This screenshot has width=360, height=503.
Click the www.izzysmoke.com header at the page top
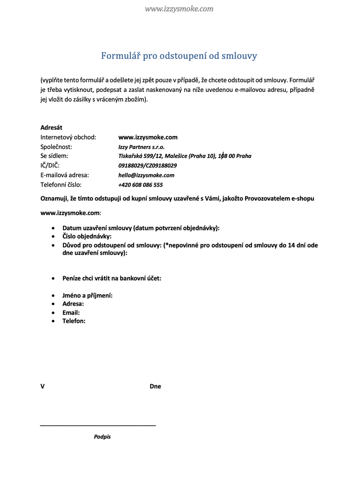tap(179, 9)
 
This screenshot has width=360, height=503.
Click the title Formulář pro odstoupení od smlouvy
tap(179, 56)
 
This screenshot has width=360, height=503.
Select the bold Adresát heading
tap(51, 127)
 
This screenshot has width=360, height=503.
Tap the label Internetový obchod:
tap(68, 137)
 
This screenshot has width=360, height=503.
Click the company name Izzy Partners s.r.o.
tap(141, 147)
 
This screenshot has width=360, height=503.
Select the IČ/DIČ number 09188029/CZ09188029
tap(147, 166)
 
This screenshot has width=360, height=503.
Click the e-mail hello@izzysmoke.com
tap(146, 175)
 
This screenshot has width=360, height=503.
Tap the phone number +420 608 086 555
tap(140, 185)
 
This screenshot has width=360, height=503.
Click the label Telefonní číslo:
tap(61, 185)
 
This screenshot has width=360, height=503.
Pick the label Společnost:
tap(56, 146)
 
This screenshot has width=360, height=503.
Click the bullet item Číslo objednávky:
tap(87, 236)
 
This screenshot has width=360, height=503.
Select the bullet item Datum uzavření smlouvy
tap(140, 228)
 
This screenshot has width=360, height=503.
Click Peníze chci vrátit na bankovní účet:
tap(111, 278)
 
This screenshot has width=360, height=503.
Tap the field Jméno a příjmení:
tap(87, 296)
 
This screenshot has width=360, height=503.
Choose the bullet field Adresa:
tap(73, 304)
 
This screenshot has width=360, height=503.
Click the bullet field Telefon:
tap(74, 321)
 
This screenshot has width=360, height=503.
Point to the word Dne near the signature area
tap(155, 387)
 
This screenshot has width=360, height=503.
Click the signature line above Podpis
tap(98, 425)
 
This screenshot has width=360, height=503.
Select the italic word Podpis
tap(102, 437)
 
